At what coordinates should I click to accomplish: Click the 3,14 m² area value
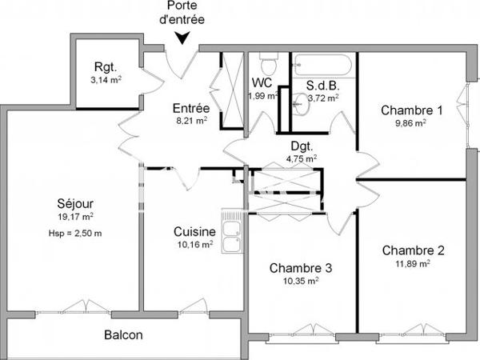tap(105, 81)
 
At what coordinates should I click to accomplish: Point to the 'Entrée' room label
tap(191, 109)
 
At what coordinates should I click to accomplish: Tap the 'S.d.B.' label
tap(323, 86)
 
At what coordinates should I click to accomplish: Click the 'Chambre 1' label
tap(411, 110)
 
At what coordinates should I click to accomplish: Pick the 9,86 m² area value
tap(411, 123)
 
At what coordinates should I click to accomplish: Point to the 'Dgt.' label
tap(302, 146)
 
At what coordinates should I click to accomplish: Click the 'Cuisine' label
tap(194, 232)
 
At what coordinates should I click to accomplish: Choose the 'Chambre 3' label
tap(301, 268)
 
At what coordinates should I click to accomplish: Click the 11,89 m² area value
tap(413, 262)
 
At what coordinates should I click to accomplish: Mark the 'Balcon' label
tap(123, 335)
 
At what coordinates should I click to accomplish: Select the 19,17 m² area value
tap(76, 216)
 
